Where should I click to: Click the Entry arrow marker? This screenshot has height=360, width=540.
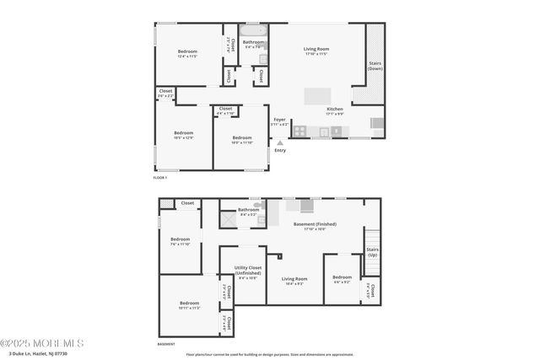280,143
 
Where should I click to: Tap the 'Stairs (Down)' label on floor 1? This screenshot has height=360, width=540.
375,66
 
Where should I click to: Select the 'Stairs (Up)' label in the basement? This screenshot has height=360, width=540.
372,251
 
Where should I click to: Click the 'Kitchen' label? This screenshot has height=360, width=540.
335,110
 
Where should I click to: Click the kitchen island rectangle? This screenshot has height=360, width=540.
317,94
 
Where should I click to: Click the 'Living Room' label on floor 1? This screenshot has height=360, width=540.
316,51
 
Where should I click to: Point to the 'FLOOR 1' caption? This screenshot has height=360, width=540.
160,178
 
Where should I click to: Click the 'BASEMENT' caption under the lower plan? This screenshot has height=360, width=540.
167,344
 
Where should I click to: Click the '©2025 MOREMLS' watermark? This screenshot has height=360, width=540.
42,342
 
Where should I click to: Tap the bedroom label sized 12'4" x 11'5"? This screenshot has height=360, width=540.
187,54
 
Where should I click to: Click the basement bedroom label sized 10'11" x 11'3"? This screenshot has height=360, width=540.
189,304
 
